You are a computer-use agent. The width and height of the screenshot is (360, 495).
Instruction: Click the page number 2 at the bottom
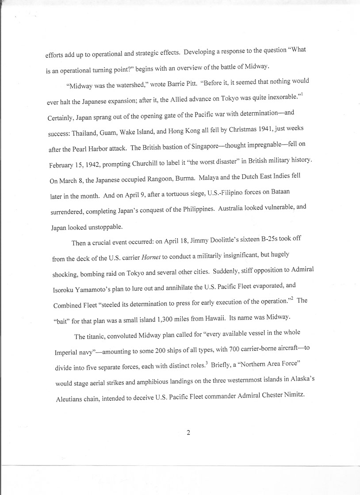(x=188, y=432)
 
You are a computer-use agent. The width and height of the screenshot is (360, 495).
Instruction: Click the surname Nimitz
(x=291, y=394)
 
